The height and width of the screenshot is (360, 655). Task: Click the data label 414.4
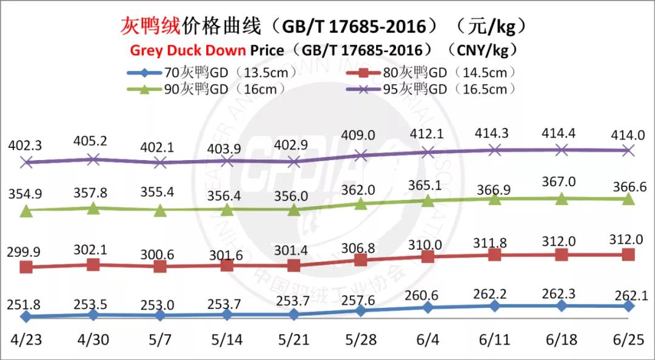[562, 133]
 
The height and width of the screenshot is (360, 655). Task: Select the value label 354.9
[25, 194]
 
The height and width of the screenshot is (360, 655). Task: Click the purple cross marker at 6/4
[428, 152]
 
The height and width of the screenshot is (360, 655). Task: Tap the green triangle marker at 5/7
[160, 210]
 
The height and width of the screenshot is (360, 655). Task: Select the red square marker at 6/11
[494, 255]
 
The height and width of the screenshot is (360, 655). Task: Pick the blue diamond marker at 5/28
[361, 310]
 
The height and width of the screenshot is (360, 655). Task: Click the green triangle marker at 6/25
[628, 199]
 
